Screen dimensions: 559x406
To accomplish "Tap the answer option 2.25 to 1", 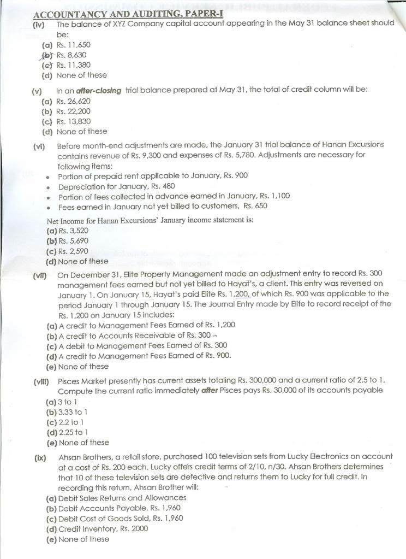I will point(65,432).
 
